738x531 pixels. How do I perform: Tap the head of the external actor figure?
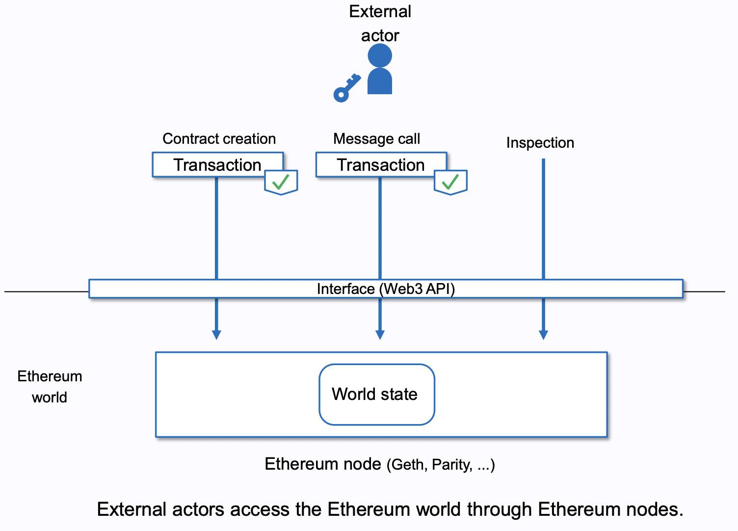pos(380,55)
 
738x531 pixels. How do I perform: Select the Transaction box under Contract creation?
pos(217,165)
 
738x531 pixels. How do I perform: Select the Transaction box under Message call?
pos(381,165)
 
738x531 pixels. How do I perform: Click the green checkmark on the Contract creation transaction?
pos(281,182)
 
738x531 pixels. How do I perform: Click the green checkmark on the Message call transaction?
pos(450,182)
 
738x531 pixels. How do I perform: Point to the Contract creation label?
pos(219,139)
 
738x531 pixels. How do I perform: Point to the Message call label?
pos(376,139)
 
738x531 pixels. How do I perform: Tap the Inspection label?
pos(540,143)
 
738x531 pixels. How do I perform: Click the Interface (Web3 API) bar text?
pos(386,289)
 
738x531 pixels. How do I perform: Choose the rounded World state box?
pos(376,394)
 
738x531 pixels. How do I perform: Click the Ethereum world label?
pos(50,387)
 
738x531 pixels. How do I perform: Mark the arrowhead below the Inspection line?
pos(543,335)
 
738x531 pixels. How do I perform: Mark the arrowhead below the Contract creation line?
pos(216,335)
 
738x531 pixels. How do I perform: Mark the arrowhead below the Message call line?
pos(380,335)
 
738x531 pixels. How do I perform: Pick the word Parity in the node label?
pos(451,465)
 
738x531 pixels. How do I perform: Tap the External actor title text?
pos(380,23)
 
